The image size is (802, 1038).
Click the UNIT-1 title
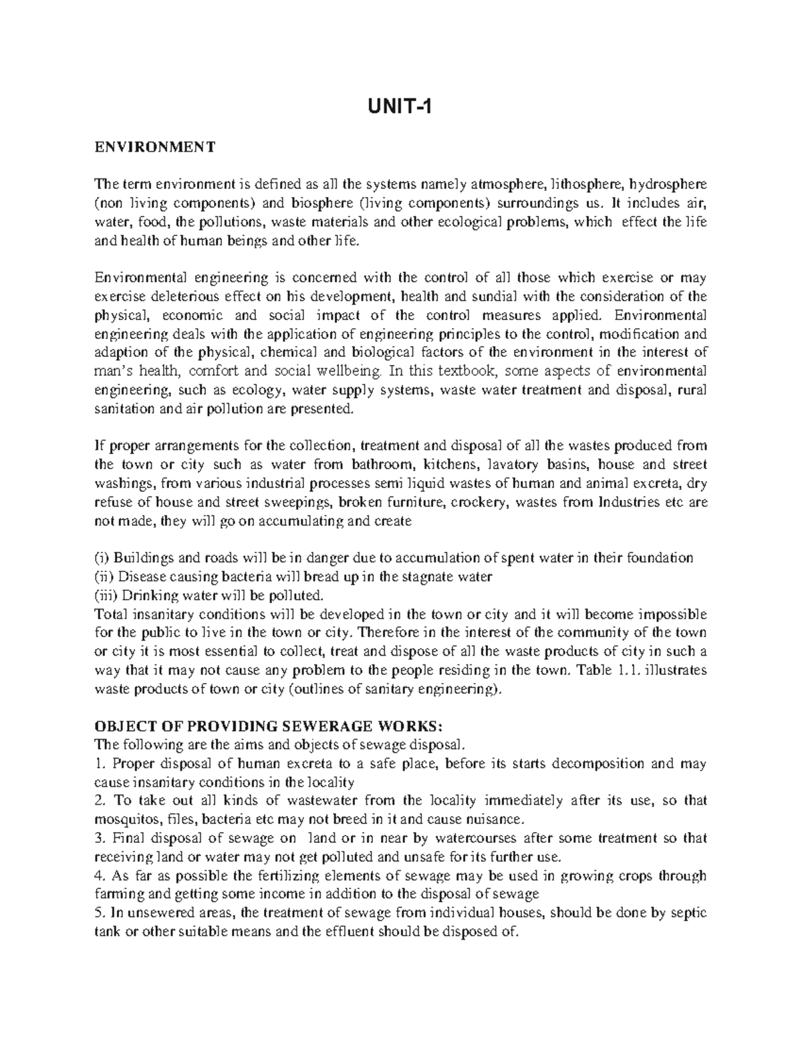pyautogui.click(x=401, y=107)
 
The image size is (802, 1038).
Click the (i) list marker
pyautogui.click(x=102, y=558)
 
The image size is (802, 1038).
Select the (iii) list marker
pyautogui.click(x=106, y=596)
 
